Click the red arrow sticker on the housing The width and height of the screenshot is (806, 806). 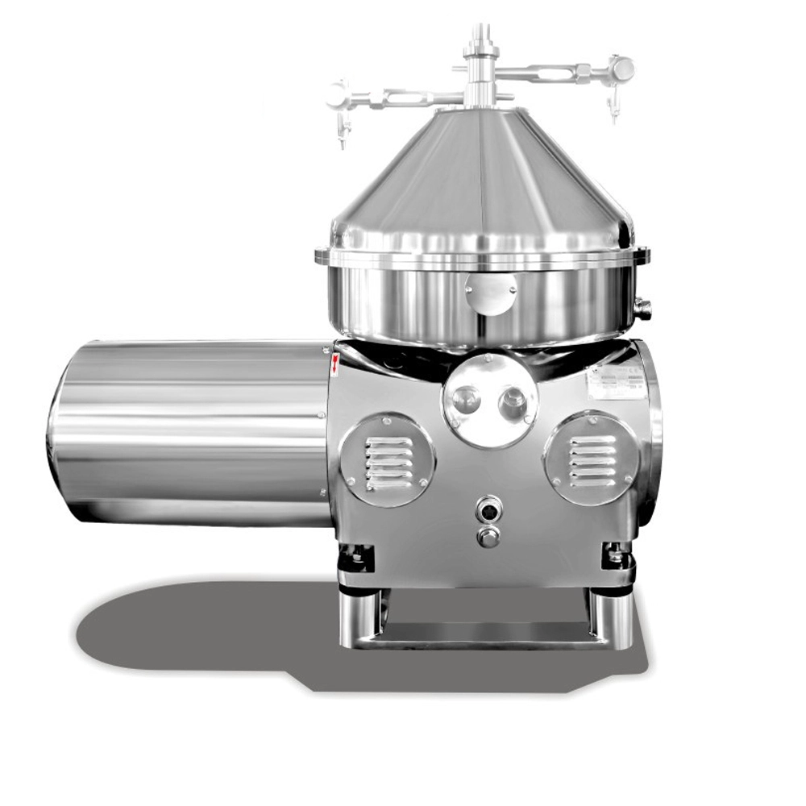(x=334, y=365)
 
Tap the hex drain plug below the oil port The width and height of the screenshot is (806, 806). (x=488, y=536)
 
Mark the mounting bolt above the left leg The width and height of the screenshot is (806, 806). (x=356, y=555)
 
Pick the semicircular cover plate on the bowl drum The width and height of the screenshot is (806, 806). (x=491, y=292)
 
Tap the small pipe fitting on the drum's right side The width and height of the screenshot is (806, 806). (x=643, y=308)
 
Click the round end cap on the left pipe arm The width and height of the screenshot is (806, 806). (x=337, y=93)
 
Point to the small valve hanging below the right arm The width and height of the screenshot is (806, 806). (x=613, y=109)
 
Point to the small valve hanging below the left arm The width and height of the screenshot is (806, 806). (x=342, y=133)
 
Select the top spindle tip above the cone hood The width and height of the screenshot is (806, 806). (x=480, y=32)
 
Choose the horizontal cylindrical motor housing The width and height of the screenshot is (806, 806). (x=189, y=433)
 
